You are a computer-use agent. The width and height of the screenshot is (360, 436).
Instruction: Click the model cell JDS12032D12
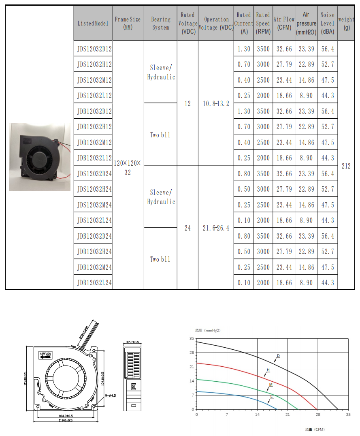(94, 49)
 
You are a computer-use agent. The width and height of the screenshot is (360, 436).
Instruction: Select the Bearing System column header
(160, 24)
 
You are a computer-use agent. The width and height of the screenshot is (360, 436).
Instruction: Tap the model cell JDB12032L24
(94, 283)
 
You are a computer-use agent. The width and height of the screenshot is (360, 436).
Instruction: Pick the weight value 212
(346, 166)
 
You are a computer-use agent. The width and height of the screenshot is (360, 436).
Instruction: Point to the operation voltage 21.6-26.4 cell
(216, 228)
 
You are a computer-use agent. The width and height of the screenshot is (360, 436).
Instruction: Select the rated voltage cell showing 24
(187, 228)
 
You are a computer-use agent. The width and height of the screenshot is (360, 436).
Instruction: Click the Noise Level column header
(327, 24)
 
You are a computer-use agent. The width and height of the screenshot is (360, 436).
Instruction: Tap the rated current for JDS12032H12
(244, 64)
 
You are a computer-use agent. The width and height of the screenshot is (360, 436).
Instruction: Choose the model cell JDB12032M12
(94, 143)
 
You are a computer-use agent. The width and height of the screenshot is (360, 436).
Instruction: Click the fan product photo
(40, 157)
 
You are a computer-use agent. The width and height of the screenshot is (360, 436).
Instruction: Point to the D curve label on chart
(278, 356)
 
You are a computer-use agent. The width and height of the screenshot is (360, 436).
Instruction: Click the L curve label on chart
(271, 397)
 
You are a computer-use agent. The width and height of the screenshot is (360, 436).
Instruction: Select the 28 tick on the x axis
(318, 415)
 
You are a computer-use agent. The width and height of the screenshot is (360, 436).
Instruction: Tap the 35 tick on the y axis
(191, 338)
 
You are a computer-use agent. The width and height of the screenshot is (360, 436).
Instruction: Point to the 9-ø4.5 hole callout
(111, 395)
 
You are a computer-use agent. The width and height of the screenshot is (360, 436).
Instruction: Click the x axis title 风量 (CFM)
(315, 429)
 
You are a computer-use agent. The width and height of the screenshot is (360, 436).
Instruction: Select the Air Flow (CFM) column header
(284, 24)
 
